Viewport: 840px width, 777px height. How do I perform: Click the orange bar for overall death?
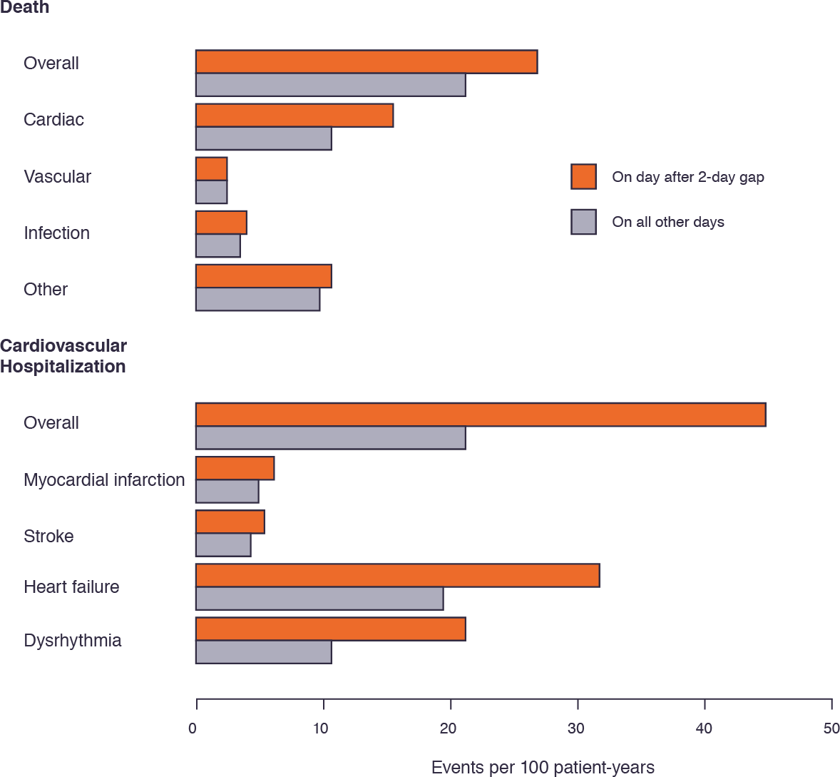[x=366, y=62]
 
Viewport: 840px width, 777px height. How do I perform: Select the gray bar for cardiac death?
[x=263, y=138]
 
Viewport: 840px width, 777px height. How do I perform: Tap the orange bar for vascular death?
[x=211, y=169]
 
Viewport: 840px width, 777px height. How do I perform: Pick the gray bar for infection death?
[x=217, y=245]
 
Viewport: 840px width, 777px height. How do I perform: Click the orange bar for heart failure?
[x=397, y=575]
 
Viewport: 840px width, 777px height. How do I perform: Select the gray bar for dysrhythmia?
[x=263, y=651]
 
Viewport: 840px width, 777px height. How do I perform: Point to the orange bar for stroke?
[x=230, y=522]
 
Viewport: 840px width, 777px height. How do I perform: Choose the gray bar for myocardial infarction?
[x=227, y=492]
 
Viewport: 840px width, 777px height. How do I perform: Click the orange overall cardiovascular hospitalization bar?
[x=480, y=415]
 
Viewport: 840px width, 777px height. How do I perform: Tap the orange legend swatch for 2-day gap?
[x=583, y=176]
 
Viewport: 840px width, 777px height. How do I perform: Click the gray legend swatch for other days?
[x=583, y=222]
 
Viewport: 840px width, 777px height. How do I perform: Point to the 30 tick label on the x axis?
[x=575, y=728]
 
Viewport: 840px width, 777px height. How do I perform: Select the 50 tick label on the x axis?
[x=831, y=728]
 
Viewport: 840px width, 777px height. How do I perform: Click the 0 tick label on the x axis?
[x=193, y=728]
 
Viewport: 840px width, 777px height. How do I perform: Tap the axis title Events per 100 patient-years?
[x=543, y=768]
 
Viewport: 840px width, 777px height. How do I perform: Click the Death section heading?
[x=25, y=8]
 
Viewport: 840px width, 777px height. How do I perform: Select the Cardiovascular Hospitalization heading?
[x=63, y=356]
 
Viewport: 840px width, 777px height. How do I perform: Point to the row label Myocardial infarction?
[x=104, y=479]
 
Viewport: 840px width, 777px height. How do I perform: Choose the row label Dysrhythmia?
[x=73, y=640]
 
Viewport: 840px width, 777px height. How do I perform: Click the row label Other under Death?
[x=46, y=289]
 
